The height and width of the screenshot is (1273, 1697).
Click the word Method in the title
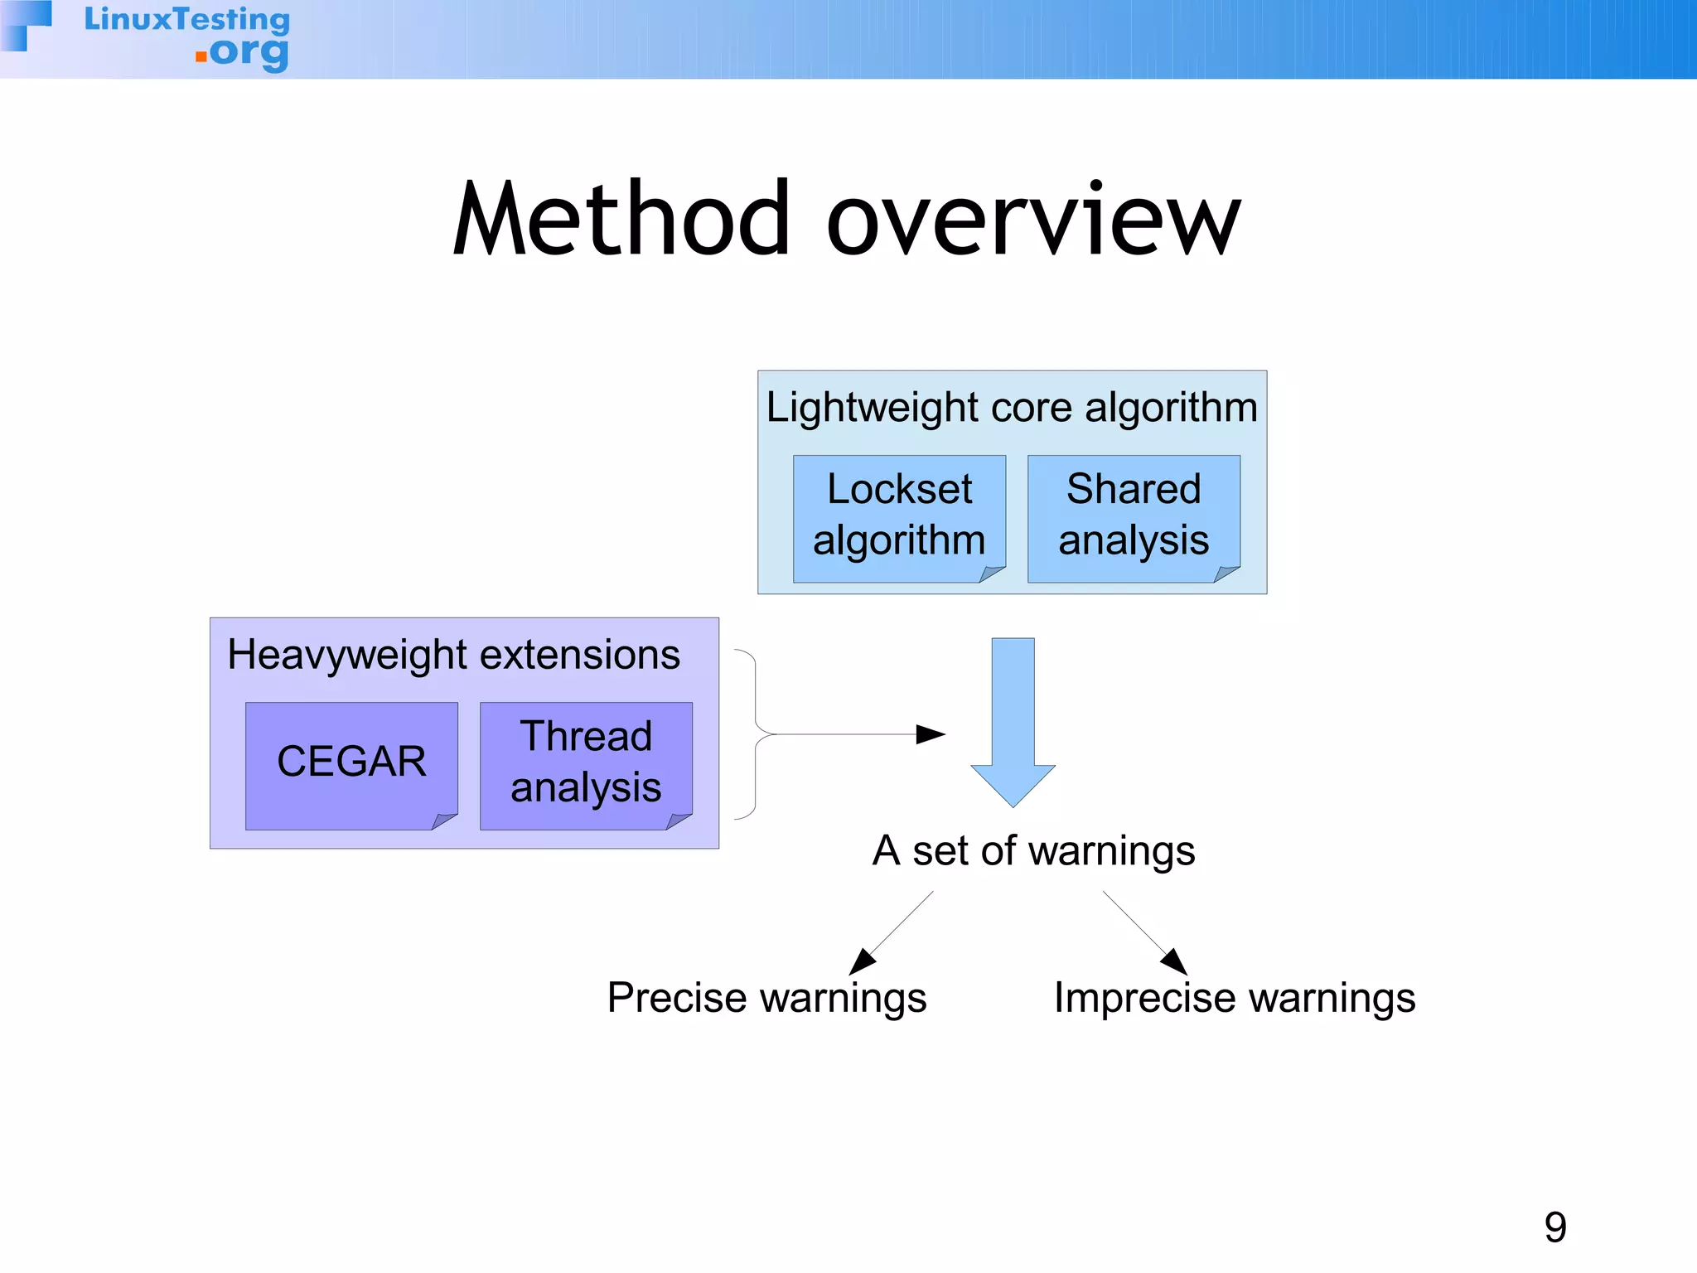coord(621,220)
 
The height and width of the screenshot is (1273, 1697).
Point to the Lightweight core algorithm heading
coord(1012,408)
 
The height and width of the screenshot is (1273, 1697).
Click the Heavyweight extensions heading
coord(453,655)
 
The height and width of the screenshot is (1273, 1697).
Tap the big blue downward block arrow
coord(1013,721)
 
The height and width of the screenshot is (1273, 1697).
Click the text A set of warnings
coord(1033,851)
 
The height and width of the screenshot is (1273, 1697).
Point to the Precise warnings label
coord(766,998)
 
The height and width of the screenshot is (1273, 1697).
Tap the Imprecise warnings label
coord(1235,998)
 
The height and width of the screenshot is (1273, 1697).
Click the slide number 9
coord(1555,1227)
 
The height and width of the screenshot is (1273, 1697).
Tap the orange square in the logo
coord(201,56)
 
